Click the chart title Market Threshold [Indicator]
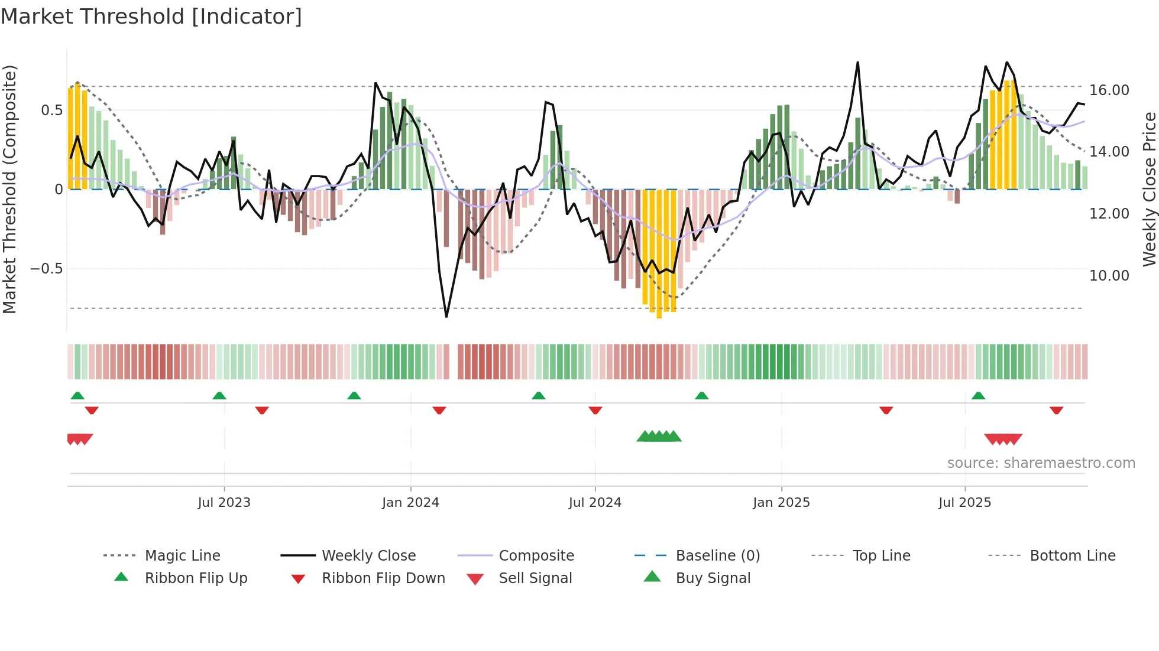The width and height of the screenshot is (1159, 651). pyautogui.click(x=151, y=17)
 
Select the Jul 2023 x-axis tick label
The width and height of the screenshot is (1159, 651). pyautogui.click(x=224, y=503)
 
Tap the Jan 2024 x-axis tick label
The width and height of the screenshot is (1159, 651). pyautogui.click(x=410, y=503)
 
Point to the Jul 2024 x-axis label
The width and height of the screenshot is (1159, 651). pyautogui.click(x=595, y=503)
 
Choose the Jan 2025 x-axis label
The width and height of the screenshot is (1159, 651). pyautogui.click(x=781, y=503)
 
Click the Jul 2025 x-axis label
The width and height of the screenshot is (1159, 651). pyautogui.click(x=964, y=503)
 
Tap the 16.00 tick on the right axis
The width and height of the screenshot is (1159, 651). pyautogui.click(x=1109, y=90)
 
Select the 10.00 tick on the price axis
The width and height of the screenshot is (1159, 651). pyautogui.click(x=1109, y=276)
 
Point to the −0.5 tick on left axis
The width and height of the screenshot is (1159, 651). pyautogui.click(x=46, y=269)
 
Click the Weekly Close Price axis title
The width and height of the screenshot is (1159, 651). pyautogui.click(x=1149, y=189)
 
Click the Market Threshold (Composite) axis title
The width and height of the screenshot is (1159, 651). pyautogui.click(x=9, y=189)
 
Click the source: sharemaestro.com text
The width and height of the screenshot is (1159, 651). pyautogui.click(x=1041, y=463)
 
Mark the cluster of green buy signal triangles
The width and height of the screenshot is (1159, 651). pyautogui.click(x=659, y=437)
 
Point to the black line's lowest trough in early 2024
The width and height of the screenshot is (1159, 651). pyautogui.click(x=446, y=317)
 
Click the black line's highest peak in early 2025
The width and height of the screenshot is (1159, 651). pyautogui.click(x=857, y=62)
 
